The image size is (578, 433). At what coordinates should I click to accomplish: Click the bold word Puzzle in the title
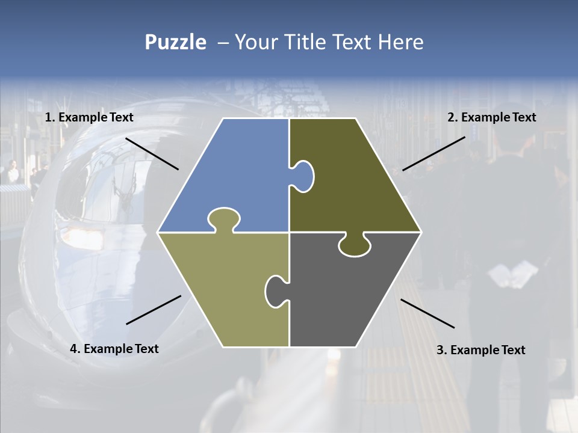pyautogui.click(x=175, y=42)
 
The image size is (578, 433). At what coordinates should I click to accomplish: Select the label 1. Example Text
pyautogui.click(x=89, y=117)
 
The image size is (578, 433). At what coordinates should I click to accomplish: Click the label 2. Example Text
pyautogui.click(x=491, y=117)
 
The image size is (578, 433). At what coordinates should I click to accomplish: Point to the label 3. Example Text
pyautogui.click(x=480, y=350)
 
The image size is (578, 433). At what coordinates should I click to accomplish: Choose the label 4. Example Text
pyautogui.click(x=114, y=349)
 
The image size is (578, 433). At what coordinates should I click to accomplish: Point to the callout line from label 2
pyautogui.click(x=433, y=153)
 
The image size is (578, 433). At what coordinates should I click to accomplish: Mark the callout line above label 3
pyautogui.click(x=427, y=313)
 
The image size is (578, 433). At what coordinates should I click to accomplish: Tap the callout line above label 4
pyautogui.click(x=154, y=310)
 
